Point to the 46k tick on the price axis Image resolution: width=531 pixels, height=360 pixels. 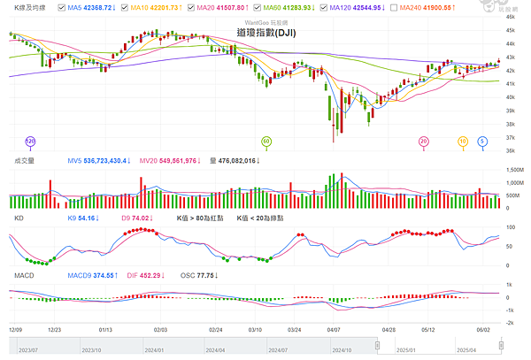512,16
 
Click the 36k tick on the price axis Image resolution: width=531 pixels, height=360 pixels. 512,150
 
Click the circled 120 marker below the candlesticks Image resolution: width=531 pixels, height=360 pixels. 30,142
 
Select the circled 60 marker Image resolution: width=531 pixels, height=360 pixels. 266,142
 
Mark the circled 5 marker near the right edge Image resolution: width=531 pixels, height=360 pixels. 482,142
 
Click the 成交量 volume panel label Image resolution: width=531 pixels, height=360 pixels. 26,161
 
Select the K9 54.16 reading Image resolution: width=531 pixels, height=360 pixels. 83,217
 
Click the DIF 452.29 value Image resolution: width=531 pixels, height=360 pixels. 143,276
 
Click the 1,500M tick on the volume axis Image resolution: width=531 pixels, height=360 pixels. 513,171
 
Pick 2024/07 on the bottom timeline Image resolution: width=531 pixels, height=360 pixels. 260,350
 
